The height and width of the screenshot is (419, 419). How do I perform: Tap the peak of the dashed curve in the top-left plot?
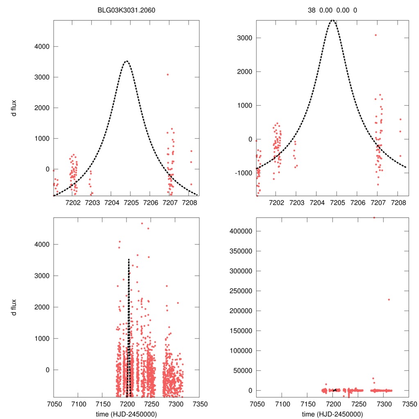coord(126,61)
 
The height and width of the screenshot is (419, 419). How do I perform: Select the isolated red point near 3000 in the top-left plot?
coord(168,74)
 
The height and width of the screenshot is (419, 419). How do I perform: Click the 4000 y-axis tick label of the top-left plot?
coord(41,47)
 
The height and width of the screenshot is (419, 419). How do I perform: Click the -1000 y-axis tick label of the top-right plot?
coord(242,173)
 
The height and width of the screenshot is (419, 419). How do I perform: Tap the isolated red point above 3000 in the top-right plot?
coord(375,35)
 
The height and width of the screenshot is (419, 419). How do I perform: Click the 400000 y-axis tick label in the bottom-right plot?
coord(240,231)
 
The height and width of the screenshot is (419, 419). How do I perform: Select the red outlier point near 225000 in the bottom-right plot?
coord(389,300)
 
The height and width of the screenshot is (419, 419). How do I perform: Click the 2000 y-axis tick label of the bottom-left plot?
coord(41,307)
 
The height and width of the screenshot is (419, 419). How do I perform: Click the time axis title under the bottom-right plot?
coord(332,414)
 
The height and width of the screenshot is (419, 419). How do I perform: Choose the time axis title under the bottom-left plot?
coord(126,414)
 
